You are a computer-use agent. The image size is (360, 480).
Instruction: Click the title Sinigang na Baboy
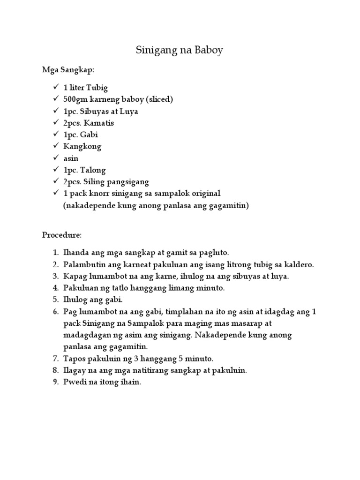pos(180,50)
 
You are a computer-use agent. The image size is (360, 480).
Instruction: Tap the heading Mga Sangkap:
pos(68,70)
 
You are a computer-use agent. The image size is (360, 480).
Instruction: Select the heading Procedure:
pos(62,234)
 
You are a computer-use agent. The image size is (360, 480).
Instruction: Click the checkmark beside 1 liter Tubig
pos(56,87)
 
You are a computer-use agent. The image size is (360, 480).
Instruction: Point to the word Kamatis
pos(99,123)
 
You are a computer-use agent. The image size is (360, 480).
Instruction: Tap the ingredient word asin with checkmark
pos(71,158)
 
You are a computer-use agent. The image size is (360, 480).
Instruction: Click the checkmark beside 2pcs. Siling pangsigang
pos(56,181)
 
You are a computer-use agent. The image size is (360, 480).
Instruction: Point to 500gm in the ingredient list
pos(76,99)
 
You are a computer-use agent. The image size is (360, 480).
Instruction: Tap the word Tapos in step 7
pos(74,359)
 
